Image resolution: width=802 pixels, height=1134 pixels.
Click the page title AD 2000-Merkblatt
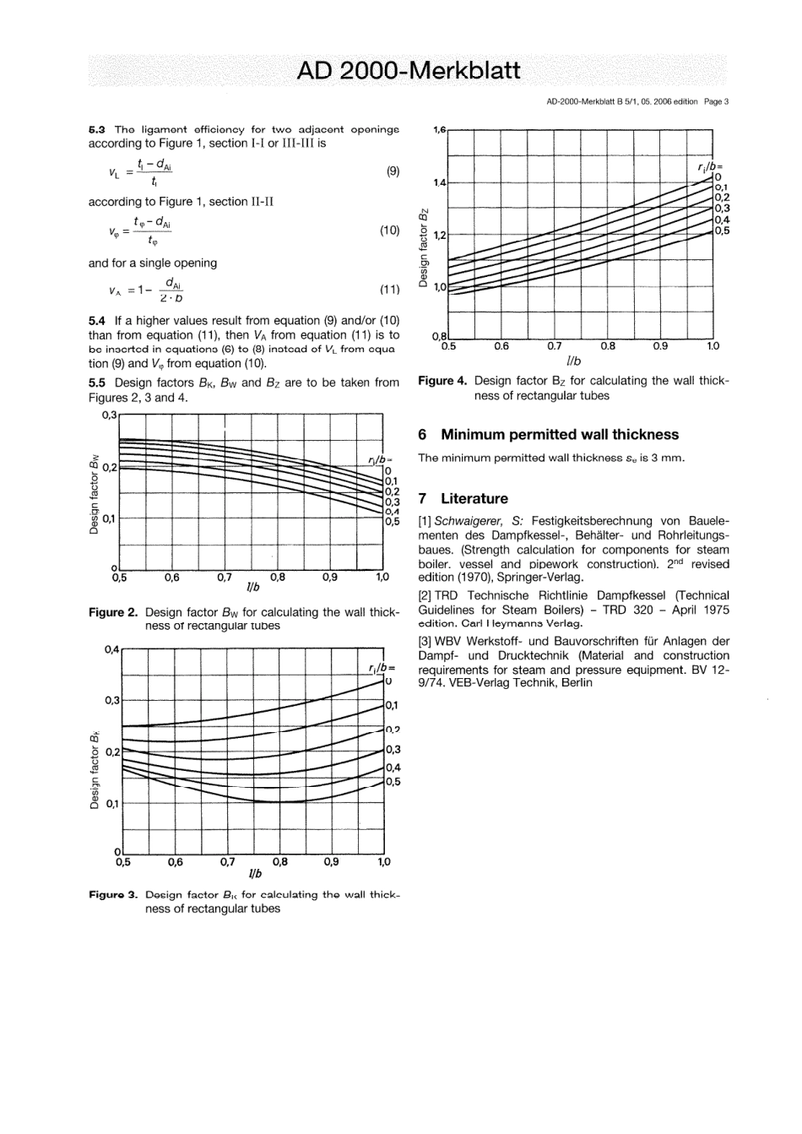click(x=409, y=71)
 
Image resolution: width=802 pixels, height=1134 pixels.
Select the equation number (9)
click(x=393, y=171)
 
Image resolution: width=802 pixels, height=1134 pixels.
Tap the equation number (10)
click(x=389, y=230)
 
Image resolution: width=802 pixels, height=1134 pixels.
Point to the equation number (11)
click(x=389, y=289)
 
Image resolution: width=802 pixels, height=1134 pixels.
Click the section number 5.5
click(x=97, y=383)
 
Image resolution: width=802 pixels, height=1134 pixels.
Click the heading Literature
click(x=474, y=499)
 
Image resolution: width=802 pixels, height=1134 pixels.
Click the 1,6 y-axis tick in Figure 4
click(x=439, y=130)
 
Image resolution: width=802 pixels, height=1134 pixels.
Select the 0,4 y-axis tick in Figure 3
click(x=112, y=648)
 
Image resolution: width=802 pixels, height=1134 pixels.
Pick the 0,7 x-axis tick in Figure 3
click(x=227, y=862)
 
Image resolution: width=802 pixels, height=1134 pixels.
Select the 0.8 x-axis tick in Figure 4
click(x=607, y=345)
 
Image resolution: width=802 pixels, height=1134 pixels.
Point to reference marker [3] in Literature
click(x=425, y=641)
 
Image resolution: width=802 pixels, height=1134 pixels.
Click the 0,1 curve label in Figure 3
click(x=393, y=705)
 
